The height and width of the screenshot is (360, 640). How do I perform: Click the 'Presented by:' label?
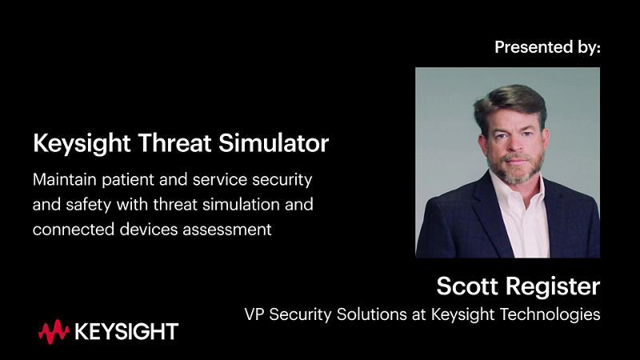click(547, 47)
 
